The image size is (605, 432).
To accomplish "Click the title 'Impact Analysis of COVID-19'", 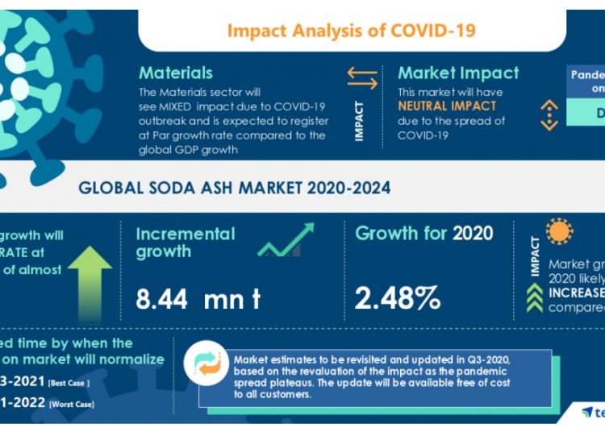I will pos(351,31).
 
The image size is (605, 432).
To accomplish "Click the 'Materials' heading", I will pos(176,73).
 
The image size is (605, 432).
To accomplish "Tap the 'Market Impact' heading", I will pos(458,73).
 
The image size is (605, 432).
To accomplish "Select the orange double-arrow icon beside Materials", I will pos(362,77).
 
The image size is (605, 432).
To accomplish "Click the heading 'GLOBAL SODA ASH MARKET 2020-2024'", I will pos(234,189).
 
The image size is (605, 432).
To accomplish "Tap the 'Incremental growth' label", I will pos(186,243).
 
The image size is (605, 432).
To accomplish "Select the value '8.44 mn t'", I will pos(198,299).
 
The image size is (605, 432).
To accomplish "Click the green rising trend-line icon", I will pos(286,240).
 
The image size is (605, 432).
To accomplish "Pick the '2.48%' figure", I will pos(398,298).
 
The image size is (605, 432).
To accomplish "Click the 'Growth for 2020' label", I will pos(423,234).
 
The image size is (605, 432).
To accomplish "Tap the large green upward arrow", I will pos(90,282).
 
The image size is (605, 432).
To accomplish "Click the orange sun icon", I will pos(558,231).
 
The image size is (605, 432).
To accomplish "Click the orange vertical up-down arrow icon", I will pos(549,114).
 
